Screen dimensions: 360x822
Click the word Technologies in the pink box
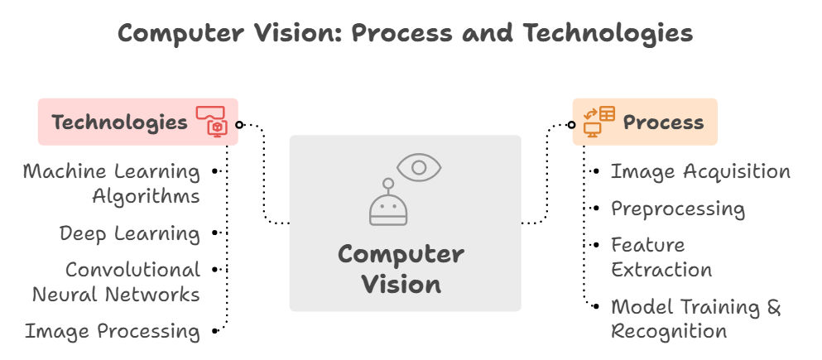[x=119, y=122]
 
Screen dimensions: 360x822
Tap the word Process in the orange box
[x=663, y=122]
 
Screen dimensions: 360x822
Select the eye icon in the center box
[x=419, y=167]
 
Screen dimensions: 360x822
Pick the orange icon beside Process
[x=598, y=121]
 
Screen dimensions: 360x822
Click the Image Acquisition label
[x=700, y=171]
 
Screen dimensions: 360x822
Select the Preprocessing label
[x=678, y=209]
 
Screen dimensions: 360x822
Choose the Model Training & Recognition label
[x=695, y=319]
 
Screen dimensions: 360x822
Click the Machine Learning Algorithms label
[x=111, y=184]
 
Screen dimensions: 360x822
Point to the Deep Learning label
[x=130, y=233]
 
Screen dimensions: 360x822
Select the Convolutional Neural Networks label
[x=116, y=281]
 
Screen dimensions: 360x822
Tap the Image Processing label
[x=112, y=331]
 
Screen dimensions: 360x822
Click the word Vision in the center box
[x=401, y=284]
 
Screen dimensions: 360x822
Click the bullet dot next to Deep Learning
[x=215, y=233]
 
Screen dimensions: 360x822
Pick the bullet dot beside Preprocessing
[x=596, y=209]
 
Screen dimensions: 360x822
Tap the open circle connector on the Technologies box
[x=238, y=125]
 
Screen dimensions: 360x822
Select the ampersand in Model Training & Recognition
[x=773, y=307]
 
